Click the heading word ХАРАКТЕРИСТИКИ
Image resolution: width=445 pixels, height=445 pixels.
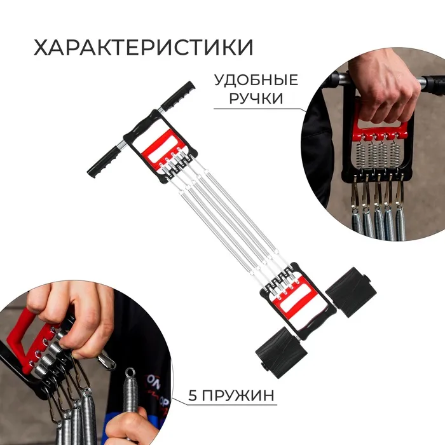tap(143, 47)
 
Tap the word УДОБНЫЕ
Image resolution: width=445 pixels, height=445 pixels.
tap(256, 80)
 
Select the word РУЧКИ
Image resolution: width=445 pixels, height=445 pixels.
tap(256, 98)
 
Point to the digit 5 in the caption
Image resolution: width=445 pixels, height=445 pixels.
tap(193, 395)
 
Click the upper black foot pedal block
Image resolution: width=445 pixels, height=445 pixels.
tap(350, 292)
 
